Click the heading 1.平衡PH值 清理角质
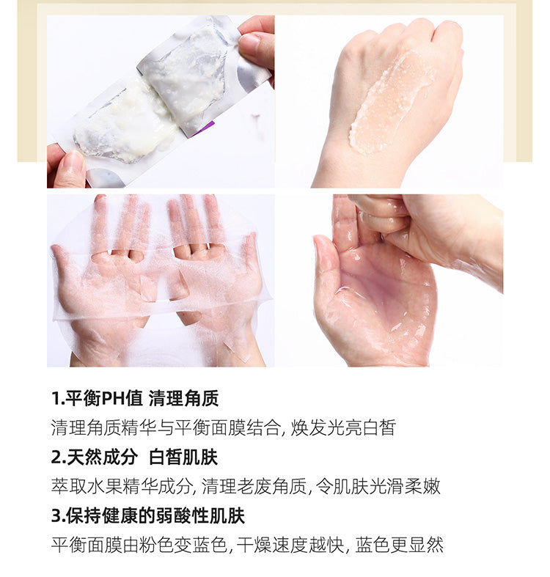point(135,398)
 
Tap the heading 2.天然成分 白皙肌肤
point(134,457)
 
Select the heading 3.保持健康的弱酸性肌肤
point(148,515)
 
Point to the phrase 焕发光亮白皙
point(343,427)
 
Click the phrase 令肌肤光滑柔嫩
point(378,486)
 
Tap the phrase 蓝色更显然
point(400,545)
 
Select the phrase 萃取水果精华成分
point(122,486)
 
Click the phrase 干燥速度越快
point(290,545)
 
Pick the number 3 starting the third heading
point(56,515)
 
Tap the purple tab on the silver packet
point(208,127)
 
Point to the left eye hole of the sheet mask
point(118,254)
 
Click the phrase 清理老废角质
point(254,486)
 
